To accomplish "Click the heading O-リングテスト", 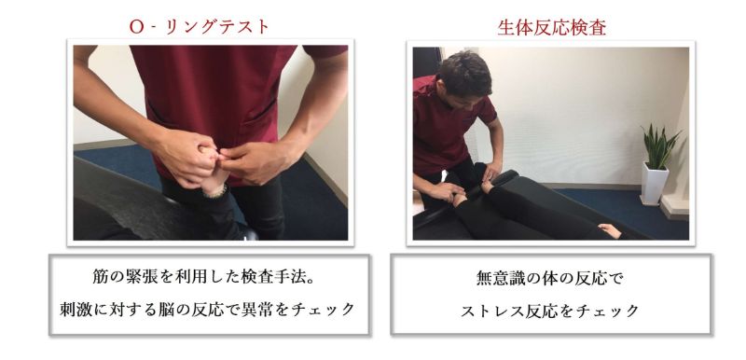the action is (200, 27).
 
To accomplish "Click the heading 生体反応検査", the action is (552, 28).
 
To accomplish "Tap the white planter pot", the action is (655, 184).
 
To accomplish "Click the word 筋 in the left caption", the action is (100, 277).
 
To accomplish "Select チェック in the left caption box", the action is (323, 309).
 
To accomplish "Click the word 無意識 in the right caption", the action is (500, 278).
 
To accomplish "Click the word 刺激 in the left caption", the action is (76, 309).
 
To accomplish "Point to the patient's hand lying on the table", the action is (610, 230).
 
